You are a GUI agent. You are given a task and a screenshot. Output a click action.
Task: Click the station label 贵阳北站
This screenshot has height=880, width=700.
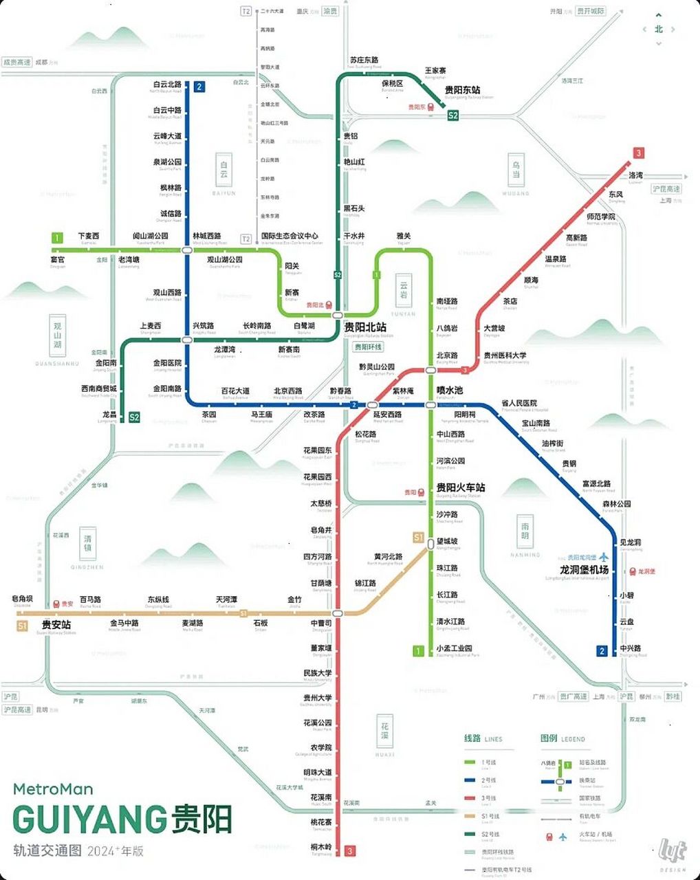pos(365,327)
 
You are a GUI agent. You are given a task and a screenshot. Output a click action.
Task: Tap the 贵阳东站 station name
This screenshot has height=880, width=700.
pos(462,90)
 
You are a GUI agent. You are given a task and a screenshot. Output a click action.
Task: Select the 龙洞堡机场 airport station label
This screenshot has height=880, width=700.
pos(584,569)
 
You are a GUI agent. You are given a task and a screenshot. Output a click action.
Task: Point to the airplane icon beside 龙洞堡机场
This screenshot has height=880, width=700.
pos(604,557)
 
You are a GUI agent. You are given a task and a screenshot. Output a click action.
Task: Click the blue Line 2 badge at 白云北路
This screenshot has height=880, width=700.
pos(199,87)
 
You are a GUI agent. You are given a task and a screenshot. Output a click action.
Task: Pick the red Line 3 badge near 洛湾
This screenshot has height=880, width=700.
pos(639,153)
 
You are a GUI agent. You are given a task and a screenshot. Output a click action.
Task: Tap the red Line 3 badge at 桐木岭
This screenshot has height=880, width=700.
pos(350,850)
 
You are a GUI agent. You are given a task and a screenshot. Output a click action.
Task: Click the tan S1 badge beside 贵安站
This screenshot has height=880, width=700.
pos(23,626)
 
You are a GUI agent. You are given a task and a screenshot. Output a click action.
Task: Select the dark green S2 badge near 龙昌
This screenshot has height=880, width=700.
pos(134,417)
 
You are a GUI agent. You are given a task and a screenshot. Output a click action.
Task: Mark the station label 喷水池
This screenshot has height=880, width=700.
pos(450,390)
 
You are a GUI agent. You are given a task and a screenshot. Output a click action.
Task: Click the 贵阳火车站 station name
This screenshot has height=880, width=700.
pos(460,487)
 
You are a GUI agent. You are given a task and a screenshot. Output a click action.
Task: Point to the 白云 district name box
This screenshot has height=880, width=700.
pos(223,169)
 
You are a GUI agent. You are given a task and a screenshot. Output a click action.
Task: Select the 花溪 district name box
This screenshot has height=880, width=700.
pos(385,731)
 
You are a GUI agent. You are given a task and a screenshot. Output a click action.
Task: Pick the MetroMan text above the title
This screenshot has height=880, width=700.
pos(53,789)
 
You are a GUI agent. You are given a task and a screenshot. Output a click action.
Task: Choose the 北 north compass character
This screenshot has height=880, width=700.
pos(659,29)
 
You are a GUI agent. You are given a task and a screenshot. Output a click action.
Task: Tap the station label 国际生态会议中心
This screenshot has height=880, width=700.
pos(290,236)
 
